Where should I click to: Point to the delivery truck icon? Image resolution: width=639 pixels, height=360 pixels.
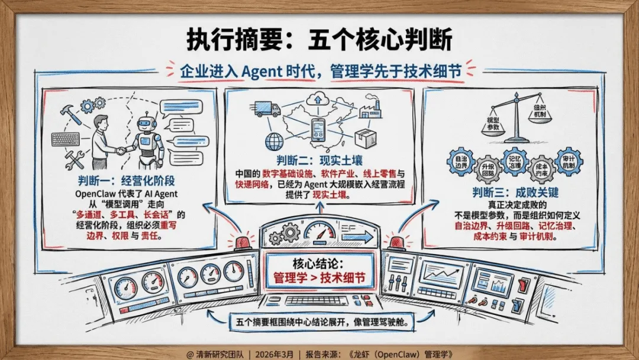[x=267, y=108]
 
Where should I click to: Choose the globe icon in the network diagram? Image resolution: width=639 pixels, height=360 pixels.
[x=275, y=141]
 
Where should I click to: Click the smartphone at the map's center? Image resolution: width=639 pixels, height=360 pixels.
[x=319, y=130]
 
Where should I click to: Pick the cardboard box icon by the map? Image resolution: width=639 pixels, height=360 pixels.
[x=362, y=139]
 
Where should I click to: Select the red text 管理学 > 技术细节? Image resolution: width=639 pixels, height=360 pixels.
[x=319, y=278]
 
